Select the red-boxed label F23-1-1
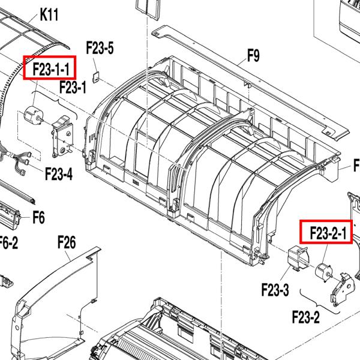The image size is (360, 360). [50, 67]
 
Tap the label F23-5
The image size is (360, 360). [100, 49]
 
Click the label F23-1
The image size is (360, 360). [73, 88]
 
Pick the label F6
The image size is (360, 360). [38, 217]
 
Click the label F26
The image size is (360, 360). [67, 242]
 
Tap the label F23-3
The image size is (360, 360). [275, 291]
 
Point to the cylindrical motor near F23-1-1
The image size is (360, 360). [32, 117]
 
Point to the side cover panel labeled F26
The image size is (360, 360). [57, 300]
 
